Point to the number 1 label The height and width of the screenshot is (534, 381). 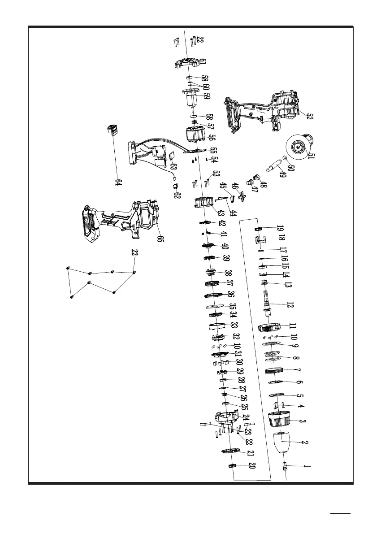point(307,466)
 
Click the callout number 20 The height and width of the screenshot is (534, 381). point(252,466)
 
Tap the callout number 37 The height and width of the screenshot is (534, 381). point(229,283)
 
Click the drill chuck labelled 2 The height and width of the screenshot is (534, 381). point(284,443)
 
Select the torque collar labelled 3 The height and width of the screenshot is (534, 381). point(279,420)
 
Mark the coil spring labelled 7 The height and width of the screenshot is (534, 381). point(276,371)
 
